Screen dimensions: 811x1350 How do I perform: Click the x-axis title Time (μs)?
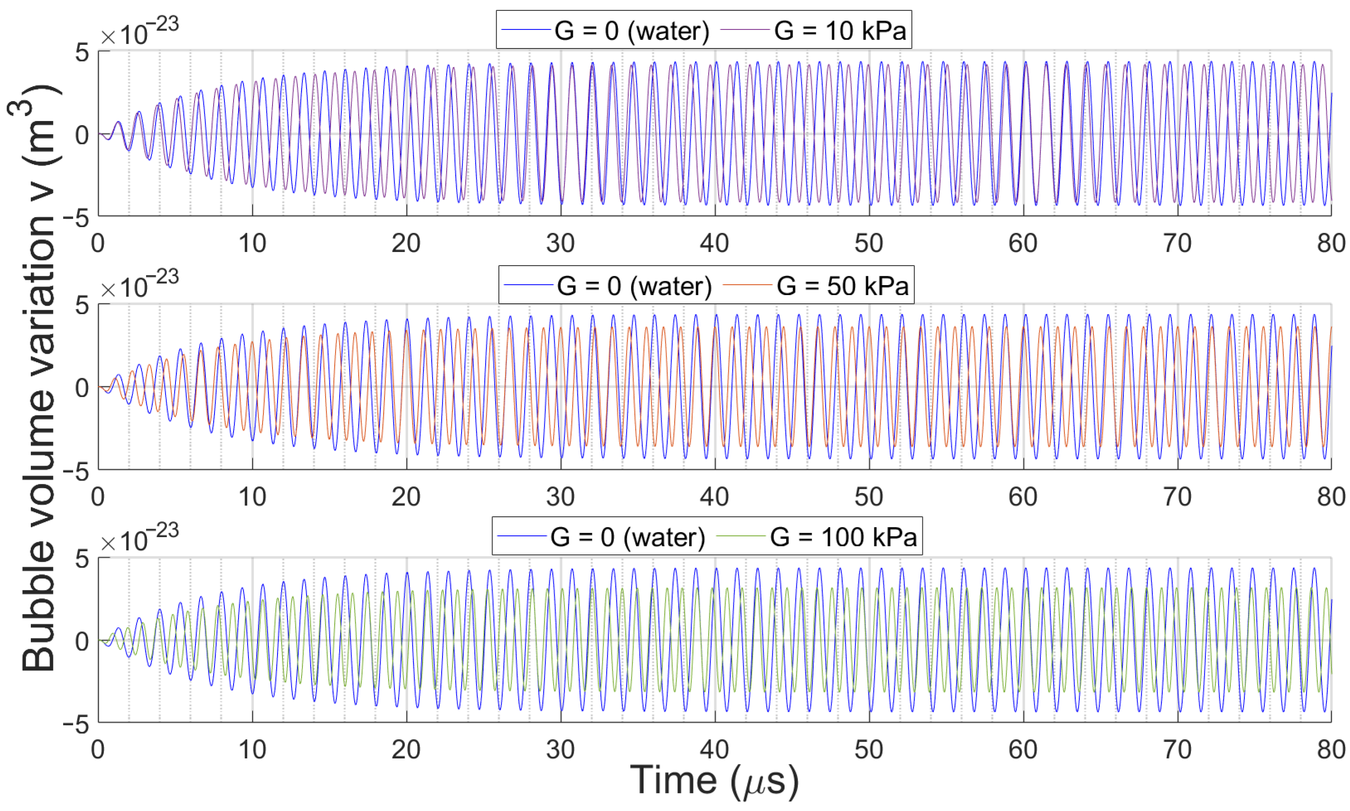[x=714, y=780]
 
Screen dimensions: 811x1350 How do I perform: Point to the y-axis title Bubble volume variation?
[x=38, y=377]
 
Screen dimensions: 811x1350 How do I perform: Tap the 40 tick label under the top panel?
[x=714, y=243]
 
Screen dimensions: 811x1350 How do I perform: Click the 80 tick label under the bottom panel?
[x=1331, y=749]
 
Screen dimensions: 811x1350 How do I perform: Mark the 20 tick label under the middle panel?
[x=406, y=496]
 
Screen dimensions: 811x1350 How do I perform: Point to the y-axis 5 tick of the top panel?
[x=82, y=53]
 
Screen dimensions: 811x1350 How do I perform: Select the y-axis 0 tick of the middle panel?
[x=82, y=388]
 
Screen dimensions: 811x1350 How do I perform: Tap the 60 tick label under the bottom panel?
[x=1023, y=749]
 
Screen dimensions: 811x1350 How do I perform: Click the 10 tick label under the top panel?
[x=252, y=243]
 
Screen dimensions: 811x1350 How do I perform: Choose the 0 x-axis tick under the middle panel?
[x=98, y=496]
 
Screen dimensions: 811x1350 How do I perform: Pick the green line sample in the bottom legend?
[x=740, y=537]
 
